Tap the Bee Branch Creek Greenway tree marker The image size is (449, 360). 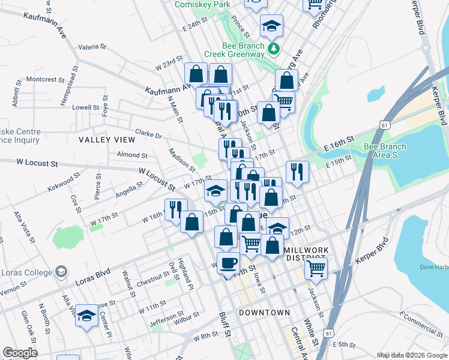coord(274,49)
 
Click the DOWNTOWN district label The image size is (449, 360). coord(264,313)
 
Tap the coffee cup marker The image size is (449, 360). coord(228,262)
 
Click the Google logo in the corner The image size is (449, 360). coord(20,353)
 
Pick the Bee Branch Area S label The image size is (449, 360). coord(385,151)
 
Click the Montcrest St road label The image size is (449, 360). coord(45,79)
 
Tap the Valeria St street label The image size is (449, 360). coord(92,46)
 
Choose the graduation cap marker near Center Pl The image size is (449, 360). coord(86,316)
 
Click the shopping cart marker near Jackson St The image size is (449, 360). coord(315,268)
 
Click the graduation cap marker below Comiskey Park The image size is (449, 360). coord(271,26)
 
